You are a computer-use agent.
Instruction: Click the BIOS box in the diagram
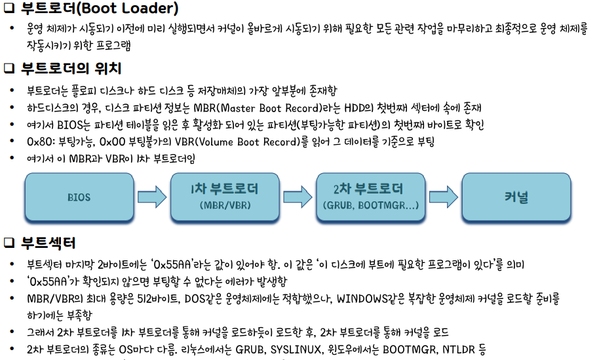(x=79, y=196)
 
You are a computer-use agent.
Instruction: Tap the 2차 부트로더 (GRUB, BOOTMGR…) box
(x=371, y=196)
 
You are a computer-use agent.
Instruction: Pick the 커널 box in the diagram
(x=516, y=196)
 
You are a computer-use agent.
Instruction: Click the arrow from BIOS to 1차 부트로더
(x=152, y=196)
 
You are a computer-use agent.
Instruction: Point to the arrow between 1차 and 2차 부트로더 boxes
(x=298, y=196)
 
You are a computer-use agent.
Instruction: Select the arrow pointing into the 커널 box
(x=444, y=196)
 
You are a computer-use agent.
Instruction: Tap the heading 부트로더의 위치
(x=71, y=68)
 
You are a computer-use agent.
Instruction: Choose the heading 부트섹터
(x=48, y=243)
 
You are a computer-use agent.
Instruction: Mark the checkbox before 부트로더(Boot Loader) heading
(x=9, y=10)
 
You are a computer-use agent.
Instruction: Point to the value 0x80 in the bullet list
(x=39, y=142)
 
